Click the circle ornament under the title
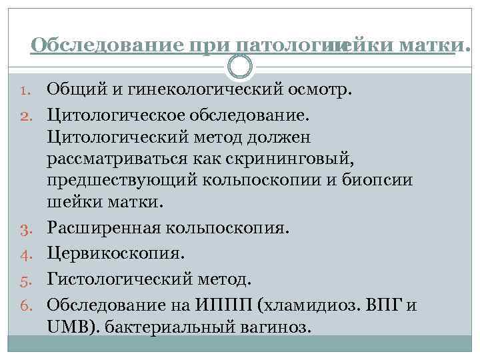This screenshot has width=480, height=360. click(240, 66)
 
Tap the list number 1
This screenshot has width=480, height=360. click(23, 90)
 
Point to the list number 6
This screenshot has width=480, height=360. click(21, 306)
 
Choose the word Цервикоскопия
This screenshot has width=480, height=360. click(115, 254)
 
